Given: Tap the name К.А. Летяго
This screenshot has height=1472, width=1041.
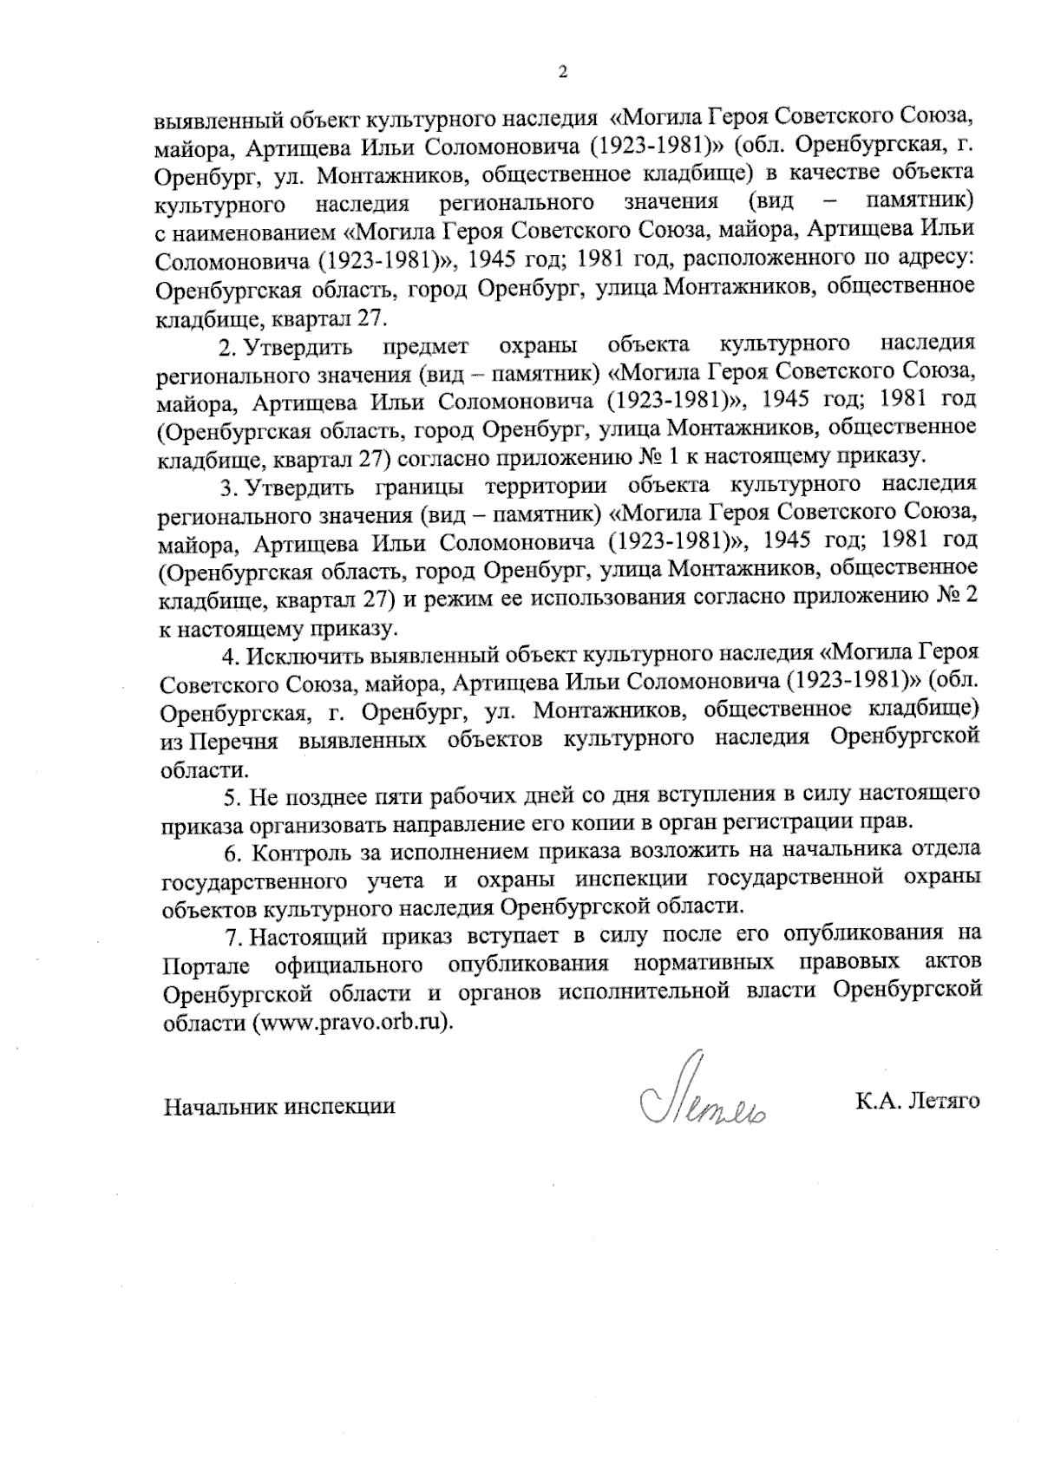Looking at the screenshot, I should click(x=917, y=1102).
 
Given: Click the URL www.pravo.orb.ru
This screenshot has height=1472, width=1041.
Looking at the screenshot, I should click(x=351, y=1022).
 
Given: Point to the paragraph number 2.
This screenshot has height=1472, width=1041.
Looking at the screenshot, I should click(x=226, y=346).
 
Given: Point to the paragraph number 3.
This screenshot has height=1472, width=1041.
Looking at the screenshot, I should click(x=226, y=487).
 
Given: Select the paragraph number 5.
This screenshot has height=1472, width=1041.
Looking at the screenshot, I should click(x=231, y=795).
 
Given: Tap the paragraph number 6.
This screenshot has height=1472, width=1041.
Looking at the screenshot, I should click(x=231, y=852).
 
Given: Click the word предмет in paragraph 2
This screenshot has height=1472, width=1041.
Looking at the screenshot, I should click(x=419, y=346).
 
